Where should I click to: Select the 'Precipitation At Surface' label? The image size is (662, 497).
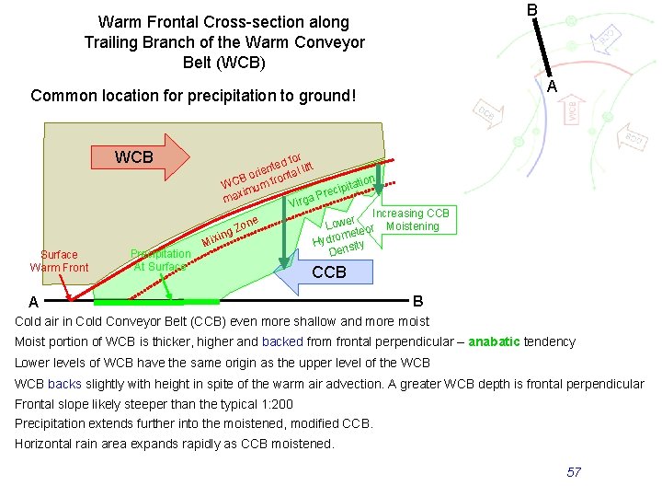pos(160,260)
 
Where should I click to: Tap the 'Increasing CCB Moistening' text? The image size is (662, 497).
pos(410,220)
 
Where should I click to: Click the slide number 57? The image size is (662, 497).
pos(574,472)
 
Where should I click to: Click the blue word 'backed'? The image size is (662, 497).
pos(281,341)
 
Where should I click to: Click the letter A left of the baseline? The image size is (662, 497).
pos(33,302)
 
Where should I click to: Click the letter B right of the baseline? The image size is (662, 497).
pos(418,301)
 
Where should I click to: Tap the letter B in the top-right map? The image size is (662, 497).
pos(531,10)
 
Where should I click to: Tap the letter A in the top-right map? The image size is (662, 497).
pos(552,86)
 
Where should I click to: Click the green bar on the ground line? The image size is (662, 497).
pos(156,301)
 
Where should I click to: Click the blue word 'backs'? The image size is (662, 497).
pos(64,384)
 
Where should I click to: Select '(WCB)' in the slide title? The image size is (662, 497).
pos(223,64)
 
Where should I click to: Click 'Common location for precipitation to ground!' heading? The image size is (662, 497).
pos(192,95)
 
